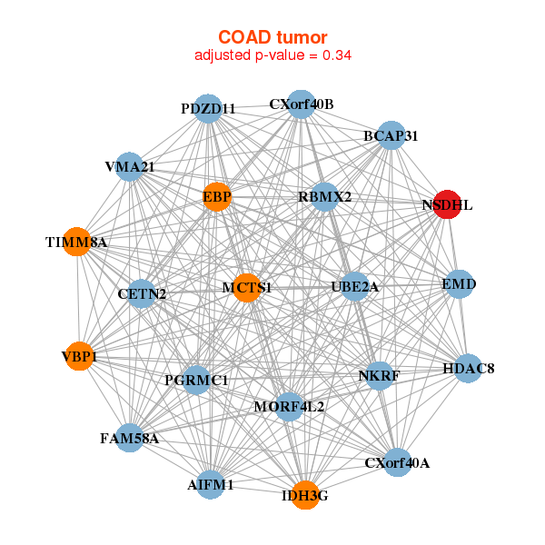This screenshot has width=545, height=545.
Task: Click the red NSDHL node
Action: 447,204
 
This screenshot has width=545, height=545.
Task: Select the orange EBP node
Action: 217,197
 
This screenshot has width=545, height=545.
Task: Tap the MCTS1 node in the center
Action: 247,288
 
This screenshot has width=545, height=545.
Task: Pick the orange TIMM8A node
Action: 77,242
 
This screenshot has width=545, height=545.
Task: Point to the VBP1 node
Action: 80,356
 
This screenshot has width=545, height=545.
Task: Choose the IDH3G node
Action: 305,495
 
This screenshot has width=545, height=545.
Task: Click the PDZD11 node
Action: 208,108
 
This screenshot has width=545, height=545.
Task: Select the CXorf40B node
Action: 302,104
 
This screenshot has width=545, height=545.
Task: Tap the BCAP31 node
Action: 391,135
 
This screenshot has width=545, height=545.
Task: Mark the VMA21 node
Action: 129,166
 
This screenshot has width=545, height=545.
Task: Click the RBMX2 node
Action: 324,197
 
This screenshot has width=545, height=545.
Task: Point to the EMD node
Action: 459,284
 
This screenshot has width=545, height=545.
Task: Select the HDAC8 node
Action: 468,369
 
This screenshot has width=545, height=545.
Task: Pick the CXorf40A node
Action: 397,462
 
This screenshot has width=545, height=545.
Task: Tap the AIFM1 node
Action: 211,484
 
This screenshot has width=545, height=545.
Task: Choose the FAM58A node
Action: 129,438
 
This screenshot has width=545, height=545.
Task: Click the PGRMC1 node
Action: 197,380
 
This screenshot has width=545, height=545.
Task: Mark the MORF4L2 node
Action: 289,406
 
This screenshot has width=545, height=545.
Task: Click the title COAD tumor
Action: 272,37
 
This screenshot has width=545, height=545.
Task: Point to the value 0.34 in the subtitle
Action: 337,54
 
